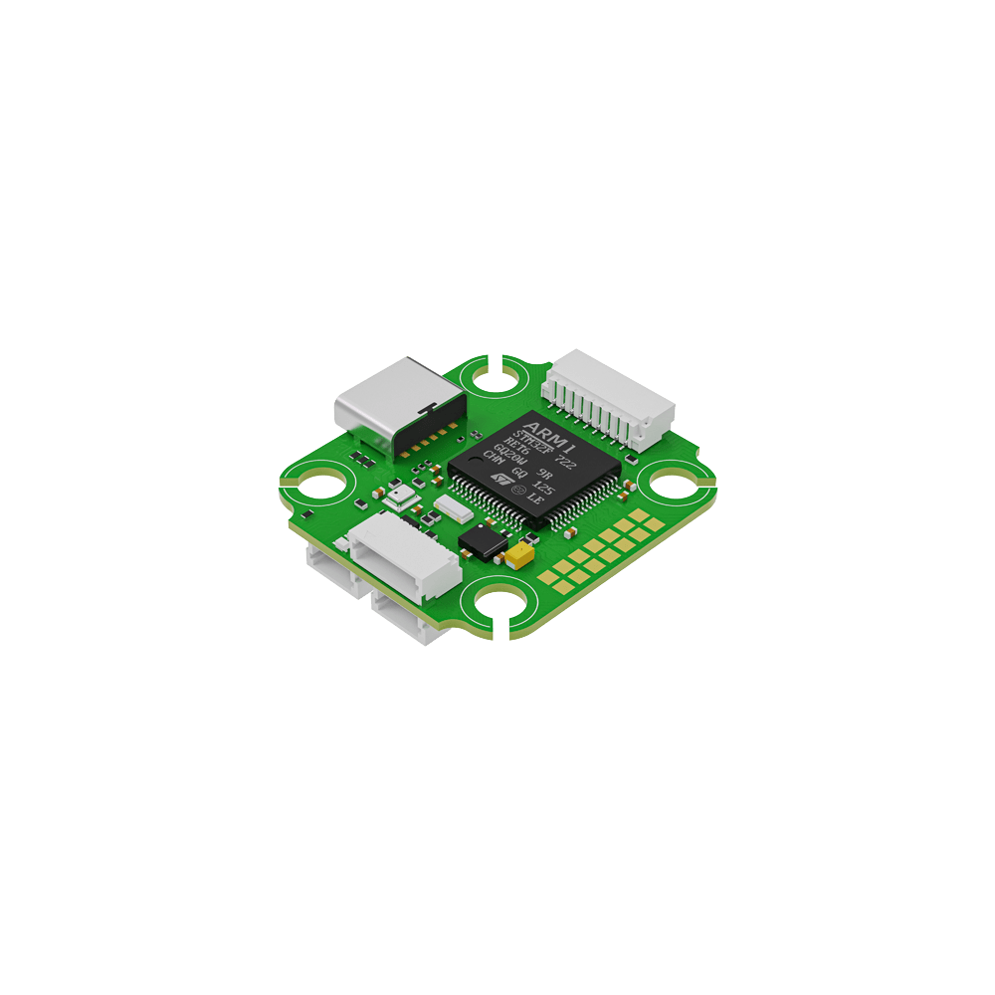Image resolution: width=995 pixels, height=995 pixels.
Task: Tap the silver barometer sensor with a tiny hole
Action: tap(401, 495)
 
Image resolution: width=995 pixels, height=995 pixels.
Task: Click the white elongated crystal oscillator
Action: tap(453, 509)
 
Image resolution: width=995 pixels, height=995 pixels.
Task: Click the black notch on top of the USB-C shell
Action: tap(428, 407)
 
